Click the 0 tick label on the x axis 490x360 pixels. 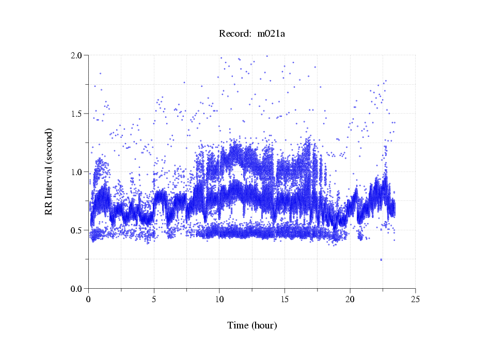(89, 299)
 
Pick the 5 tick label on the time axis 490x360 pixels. (154, 299)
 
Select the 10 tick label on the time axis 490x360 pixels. (219, 299)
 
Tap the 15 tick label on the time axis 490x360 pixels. (284, 299)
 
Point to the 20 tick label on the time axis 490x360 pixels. (350, 299)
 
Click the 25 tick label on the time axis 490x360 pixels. (415, 299)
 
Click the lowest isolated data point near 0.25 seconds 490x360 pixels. (381, 260)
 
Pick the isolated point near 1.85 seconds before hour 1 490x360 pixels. (100, 73)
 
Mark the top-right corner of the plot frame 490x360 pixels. (415, 55)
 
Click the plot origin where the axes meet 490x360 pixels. (89, 288)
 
